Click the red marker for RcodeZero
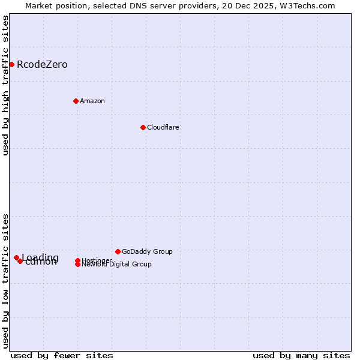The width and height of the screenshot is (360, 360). tap(11, 64)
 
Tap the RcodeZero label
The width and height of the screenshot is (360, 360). tap(42, 65)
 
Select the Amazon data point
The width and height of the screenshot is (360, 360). tap(76, 101)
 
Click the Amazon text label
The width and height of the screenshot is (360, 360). tap(92, 101)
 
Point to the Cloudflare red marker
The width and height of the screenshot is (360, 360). tap(143, 127)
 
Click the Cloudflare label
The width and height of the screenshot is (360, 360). tap(163, 127)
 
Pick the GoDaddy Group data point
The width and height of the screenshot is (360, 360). tap(118, 251)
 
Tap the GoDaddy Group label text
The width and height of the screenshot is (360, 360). tap(147, 251)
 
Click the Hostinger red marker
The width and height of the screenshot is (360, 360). tap(77, 260)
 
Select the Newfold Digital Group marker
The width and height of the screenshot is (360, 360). tap(77, 265)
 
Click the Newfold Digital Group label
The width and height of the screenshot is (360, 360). tap(117, 265)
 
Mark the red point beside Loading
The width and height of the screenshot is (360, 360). tap(16, 258)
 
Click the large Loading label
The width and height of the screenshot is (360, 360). tap(40, 257)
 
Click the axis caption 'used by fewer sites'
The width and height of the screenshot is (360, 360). tap(62, 355)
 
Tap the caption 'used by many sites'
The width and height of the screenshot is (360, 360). tap(301, 355)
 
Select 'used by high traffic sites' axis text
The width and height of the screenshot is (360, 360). tap(5, 85)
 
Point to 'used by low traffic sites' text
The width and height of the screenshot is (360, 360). tap(5, 280)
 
